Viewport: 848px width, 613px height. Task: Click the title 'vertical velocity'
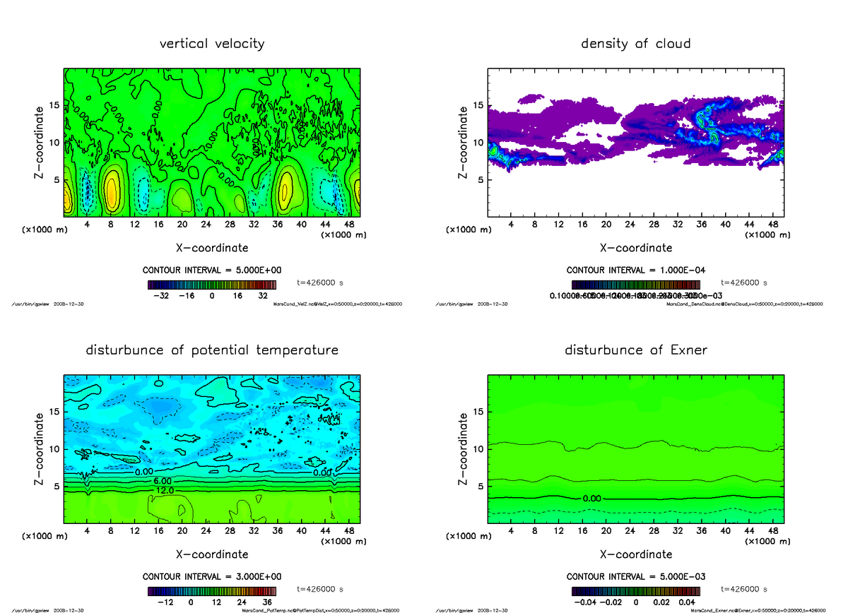(x=212, y=44)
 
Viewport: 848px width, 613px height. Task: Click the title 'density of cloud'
(x=635, y=44)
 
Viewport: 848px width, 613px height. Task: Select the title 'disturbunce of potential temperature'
(x=212, y=350)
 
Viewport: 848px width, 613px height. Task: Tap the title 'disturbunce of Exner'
(x=635, y=350)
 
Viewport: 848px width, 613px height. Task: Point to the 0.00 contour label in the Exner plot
(x=592, y=498)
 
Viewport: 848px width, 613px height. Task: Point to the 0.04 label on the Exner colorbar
(x=686, y=602)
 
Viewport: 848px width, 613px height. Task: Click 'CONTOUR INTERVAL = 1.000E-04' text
(x=636, y=270)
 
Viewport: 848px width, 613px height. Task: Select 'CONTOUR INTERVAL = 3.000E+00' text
(x=212, y=576)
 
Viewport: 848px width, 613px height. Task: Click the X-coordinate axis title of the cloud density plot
(x=636, y=248)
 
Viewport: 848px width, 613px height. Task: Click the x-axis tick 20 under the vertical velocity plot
(x=182, y=225)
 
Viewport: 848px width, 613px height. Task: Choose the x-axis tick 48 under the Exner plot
(x=773, y=530)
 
